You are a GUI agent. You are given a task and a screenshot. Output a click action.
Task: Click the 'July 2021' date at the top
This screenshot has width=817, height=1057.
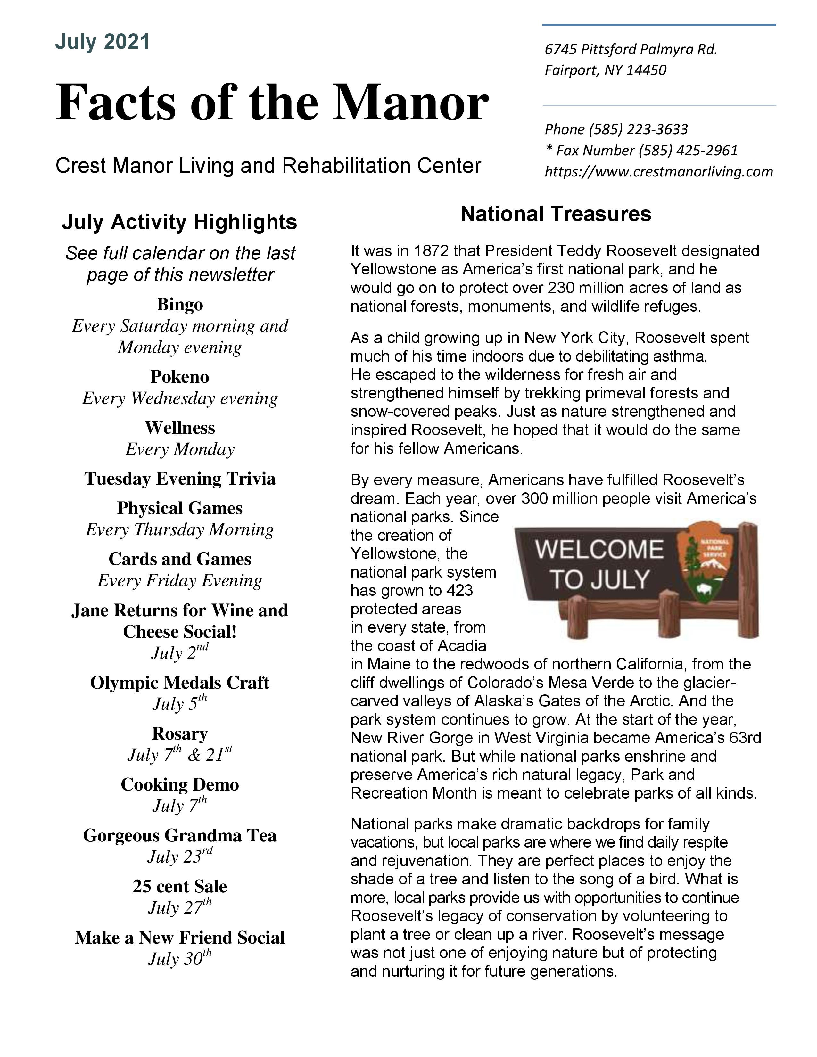pyautogui.click(x=102, y=42)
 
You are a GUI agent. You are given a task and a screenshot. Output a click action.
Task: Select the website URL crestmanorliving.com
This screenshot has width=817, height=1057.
pyautogui.click(x=659, y=171)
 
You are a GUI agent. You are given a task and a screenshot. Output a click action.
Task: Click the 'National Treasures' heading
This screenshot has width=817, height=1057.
pyautogui.click(x=556, y=214)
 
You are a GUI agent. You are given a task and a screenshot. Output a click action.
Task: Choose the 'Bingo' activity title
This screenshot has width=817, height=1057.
pyautogui.click(x=179, y=304)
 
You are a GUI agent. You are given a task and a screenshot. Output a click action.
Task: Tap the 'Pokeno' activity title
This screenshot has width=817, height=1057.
pyautogui.click(x=179, y=377)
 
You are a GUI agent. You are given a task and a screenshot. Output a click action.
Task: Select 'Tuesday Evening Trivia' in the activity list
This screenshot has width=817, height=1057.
pyautogui.click(x=179, y=478)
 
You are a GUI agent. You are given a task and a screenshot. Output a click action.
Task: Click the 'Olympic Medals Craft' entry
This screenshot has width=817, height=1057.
pyautogui.click(x=179, y=682)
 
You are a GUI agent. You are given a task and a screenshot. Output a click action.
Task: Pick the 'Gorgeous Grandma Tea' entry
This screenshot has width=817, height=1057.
pyautogui.click(x=179, y=835)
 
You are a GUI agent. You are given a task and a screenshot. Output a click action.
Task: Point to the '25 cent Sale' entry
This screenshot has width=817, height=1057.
pyautogui.click(x=179, y=886)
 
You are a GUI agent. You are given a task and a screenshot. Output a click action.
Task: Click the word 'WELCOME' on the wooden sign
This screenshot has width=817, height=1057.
pyautogui.click(x=599, y=550)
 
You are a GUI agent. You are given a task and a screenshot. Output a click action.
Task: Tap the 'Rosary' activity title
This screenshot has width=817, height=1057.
pyautogui.click(x=179, y=733)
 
